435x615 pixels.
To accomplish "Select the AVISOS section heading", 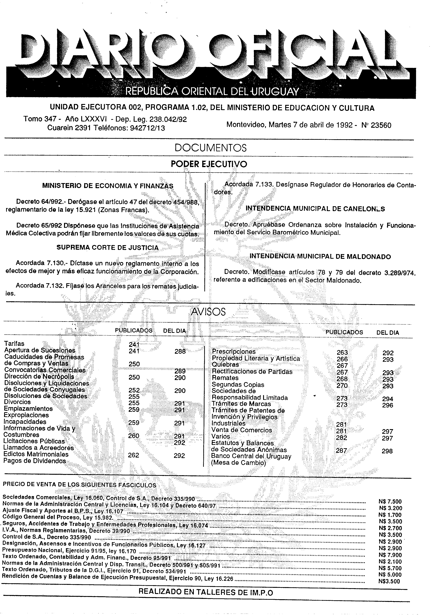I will (x=208, y=311).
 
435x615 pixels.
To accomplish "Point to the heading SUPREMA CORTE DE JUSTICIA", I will (x=108, y=247).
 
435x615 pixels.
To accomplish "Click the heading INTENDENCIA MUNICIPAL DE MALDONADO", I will (x=320, y=256).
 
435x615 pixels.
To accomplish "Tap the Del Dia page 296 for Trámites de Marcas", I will (x=388, y=405).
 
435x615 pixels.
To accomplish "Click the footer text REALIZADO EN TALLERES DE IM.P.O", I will (x=206, y=593).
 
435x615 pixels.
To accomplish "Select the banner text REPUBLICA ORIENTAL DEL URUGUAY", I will (x=212, y=92).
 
